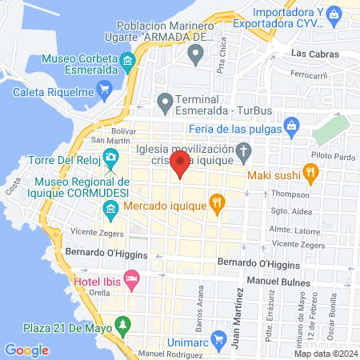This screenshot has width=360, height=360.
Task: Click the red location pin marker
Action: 181,166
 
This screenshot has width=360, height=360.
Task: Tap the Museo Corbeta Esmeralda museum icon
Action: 126,62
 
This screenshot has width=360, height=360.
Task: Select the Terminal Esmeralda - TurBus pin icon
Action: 166,102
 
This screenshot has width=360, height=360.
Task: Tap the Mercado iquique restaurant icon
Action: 215,202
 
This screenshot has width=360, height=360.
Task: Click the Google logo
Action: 26,350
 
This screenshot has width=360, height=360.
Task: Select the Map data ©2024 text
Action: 325,353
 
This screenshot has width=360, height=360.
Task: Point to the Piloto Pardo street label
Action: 330,159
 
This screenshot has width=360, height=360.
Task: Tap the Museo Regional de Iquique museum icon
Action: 110,212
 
